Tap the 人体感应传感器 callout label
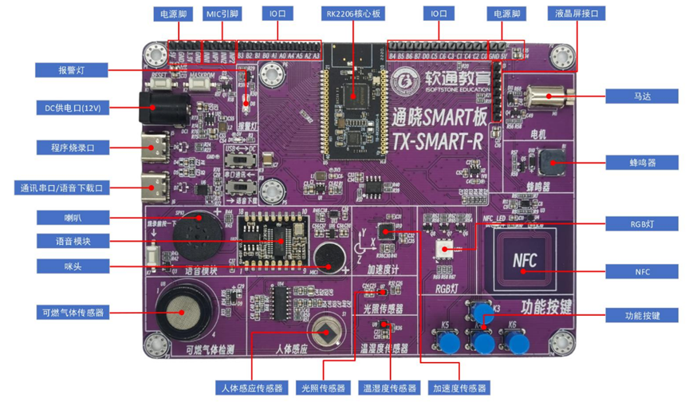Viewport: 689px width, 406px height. (x=250, y=388)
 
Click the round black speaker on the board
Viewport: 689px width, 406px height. (x=194, y=234)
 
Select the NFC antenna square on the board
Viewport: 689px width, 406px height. (x=522, y=261)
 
